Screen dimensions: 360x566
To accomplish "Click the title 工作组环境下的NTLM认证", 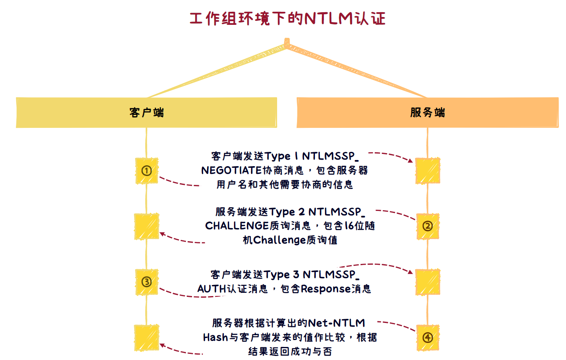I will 287,19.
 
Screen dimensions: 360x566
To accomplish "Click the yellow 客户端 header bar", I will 146,112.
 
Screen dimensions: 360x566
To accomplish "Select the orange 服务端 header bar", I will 427,112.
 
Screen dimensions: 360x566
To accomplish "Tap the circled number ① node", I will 146,171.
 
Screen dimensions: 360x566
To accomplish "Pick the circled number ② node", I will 427,226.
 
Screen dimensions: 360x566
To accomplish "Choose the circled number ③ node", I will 146,282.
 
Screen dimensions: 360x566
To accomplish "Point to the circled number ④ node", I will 427,338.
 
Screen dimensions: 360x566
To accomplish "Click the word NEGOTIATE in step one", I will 231,170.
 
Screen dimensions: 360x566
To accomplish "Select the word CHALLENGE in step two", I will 236,226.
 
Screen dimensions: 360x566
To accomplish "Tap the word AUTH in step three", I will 212,289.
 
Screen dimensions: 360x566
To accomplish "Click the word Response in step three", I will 326,289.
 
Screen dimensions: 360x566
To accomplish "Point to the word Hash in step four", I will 215,338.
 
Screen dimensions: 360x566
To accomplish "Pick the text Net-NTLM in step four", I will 337,323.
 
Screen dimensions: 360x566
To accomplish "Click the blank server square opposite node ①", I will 427,171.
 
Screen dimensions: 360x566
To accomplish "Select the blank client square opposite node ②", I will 146,226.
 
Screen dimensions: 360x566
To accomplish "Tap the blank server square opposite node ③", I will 427,282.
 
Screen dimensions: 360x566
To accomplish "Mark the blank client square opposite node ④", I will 146,338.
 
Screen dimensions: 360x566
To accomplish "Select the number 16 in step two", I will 349,226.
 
